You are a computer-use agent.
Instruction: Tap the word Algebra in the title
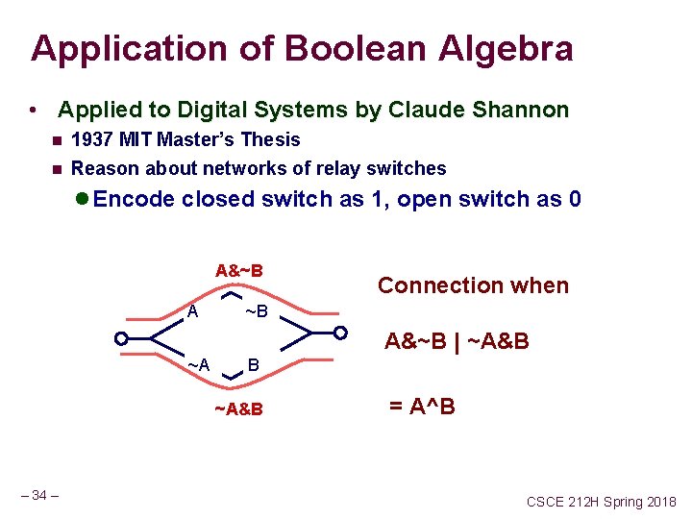[509, 48]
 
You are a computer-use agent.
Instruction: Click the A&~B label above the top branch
[239, 270]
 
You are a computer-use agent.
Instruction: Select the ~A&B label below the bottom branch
[238, 410]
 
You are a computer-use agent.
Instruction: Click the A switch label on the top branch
[193, 311]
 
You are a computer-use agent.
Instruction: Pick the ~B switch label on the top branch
[257, 312]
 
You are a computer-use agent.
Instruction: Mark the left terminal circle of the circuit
[121, 337]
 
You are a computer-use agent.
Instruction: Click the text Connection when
[473, 285]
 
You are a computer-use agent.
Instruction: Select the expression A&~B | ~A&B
[457, 341]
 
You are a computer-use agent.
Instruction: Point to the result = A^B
[422, 407]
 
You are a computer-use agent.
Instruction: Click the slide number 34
[39, 495]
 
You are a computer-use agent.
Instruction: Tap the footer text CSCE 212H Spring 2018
[601, 502]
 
